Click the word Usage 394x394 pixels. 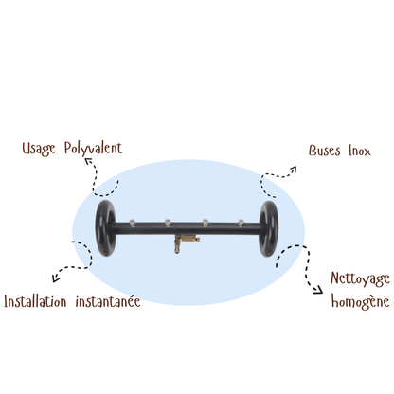pos(39,149)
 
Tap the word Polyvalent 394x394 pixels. pos(94,149)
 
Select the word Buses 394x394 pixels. pos(325,151)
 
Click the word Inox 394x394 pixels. pos(360,151)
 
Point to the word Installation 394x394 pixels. pos(35,301)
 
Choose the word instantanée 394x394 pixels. pos(108,301)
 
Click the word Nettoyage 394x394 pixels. pos(360,279)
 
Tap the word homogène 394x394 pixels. pos(360,302)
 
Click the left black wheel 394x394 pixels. pos(106,227)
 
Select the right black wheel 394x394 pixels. pos(269,228)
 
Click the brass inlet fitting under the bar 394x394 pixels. pos(184,242)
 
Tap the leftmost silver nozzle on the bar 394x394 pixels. pos(133,223)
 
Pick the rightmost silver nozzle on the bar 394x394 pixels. pos(241,223)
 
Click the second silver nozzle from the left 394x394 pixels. pos(168,223)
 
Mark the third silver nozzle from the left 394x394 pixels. pos(206,223)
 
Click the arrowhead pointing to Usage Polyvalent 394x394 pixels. pos(88,161)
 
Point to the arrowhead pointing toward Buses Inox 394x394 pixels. pos(294,170)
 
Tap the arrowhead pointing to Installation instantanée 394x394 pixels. pos(55,278)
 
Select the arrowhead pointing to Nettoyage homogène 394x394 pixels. pos(318,290)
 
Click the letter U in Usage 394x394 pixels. pos(26,148)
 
